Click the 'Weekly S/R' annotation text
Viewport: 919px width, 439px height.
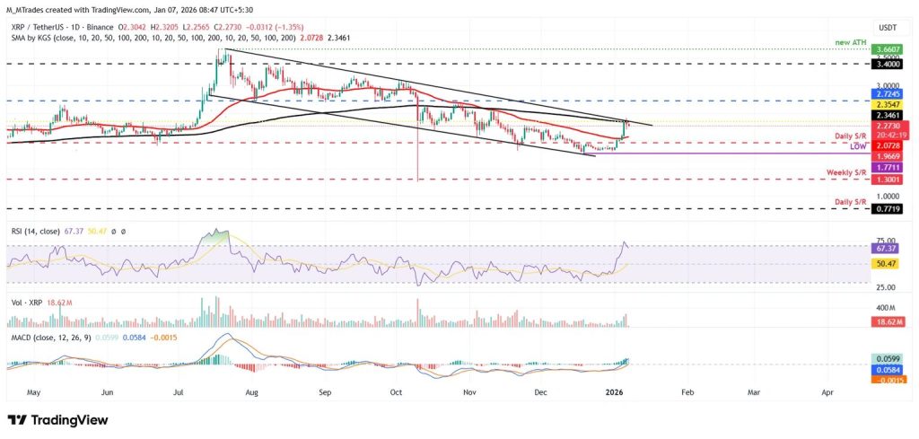point(846,171)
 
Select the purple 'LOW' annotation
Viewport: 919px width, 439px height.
point(858,146)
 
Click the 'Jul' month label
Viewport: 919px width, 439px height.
point(179,392)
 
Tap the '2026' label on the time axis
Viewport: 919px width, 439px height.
point(614,392)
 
